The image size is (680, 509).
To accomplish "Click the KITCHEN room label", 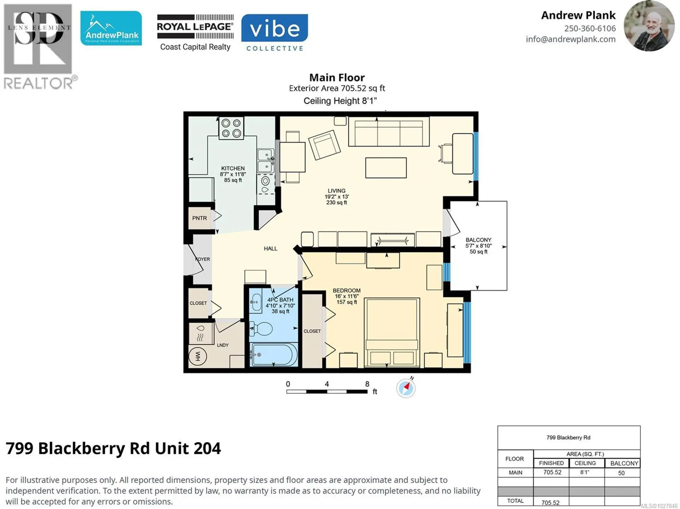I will click(233, 168).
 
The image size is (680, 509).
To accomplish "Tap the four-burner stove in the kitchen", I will click(231, 128).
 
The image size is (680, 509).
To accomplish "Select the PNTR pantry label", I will click(199, 218).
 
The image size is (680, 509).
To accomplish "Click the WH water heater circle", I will click(198, 356).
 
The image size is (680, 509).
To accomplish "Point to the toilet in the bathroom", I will click(261, 329).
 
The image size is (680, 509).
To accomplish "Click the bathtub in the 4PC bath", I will click(273, 354).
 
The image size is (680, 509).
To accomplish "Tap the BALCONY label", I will click(478, 240).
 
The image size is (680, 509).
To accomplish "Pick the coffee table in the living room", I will click(386, 168).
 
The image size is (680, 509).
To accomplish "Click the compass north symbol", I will click(406, 388).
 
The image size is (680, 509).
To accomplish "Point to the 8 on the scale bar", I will click(367, 384).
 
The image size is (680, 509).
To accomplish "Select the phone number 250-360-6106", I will click(590, 28).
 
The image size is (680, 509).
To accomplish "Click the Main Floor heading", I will click(337, 78).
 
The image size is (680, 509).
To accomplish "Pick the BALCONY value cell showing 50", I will click(621, 473).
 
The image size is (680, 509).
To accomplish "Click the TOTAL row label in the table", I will click(515, 501).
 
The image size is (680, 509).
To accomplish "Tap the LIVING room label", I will click(336, 191).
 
